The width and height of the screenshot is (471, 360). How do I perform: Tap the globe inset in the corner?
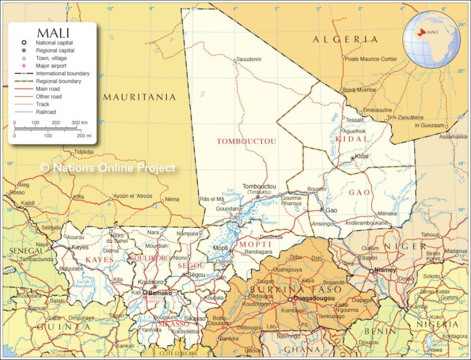pos(431,38)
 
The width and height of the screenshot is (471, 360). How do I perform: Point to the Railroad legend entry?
pos(46,112)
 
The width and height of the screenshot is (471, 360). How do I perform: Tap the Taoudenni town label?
pos(250,59)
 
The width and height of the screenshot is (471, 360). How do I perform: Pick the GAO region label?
pos(360,193)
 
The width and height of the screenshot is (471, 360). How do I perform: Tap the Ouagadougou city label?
pos(311,300)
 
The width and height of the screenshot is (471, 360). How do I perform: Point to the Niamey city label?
pos(386,270)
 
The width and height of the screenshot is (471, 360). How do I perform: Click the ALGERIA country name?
pos(345,40)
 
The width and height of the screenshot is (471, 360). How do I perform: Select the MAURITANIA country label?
pos(139,97)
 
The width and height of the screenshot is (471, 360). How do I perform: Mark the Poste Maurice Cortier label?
pos(371,59)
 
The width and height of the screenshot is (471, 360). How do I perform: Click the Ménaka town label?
pos(387,213)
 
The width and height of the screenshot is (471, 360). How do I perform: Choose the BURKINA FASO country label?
pos(296,289)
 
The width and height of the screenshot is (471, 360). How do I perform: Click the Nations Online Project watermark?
pos(107,168)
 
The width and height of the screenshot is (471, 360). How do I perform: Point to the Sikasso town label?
pos(195,318)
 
